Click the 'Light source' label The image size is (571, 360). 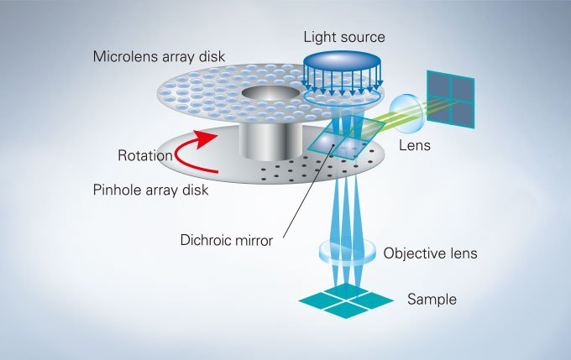(x=343, y=37)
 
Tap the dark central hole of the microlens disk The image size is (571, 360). (x=269, y=92)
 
